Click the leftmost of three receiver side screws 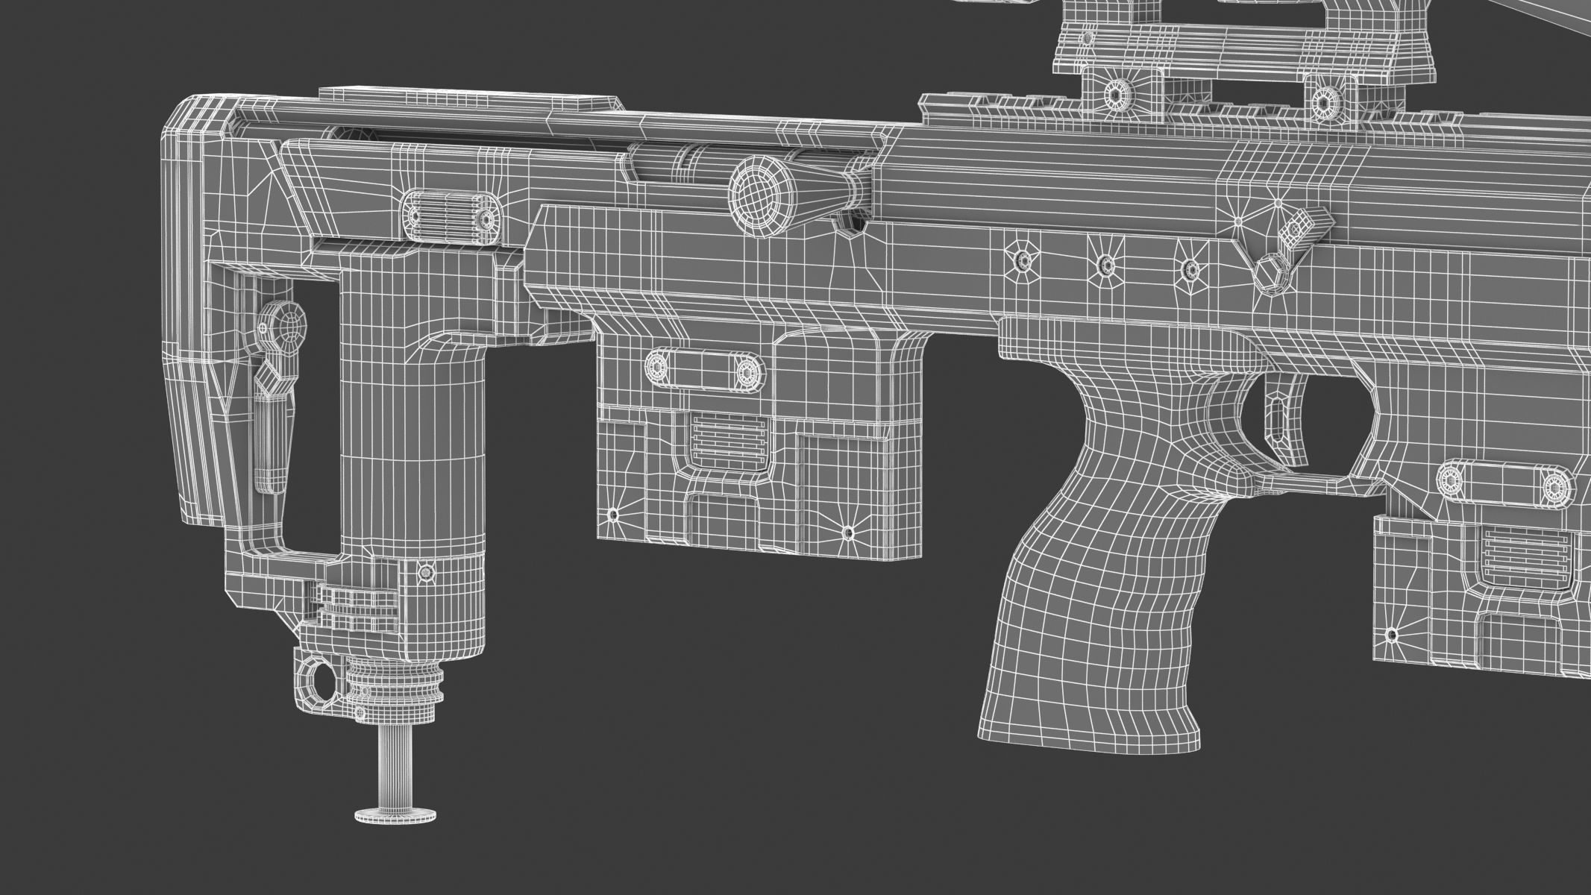[x=1022, y=261]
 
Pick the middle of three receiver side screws [x=1106, y=264]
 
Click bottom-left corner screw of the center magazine [x=613, y=515]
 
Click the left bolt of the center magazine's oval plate [x=656, y=365]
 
